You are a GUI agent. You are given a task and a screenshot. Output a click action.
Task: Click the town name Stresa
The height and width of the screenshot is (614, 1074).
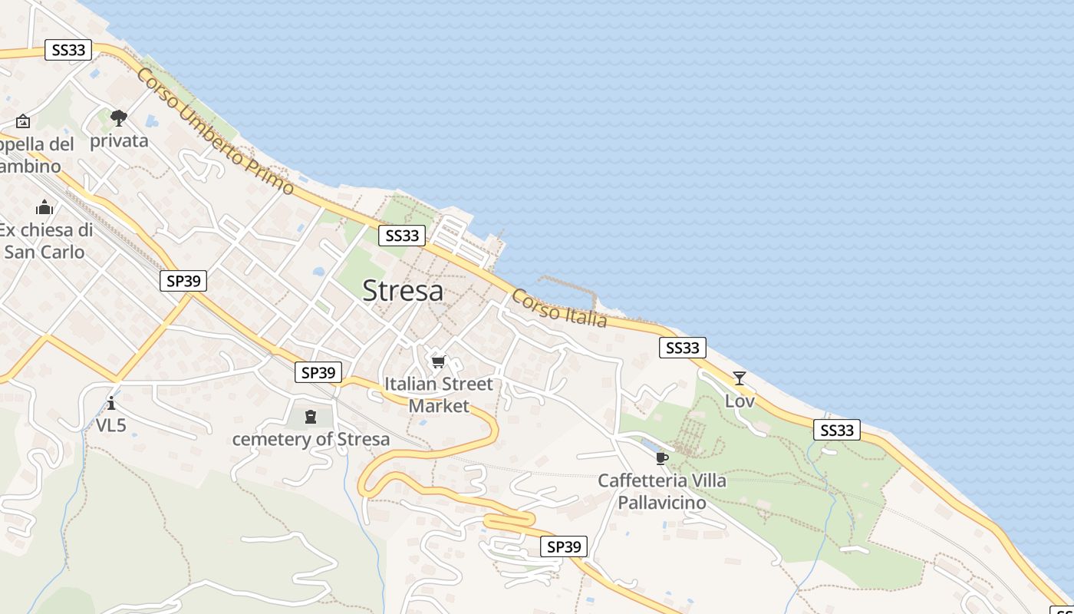402,291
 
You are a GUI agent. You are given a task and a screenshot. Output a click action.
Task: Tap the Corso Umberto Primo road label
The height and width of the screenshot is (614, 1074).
215,131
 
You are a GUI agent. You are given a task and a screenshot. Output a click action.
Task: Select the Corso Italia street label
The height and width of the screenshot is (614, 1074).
559,308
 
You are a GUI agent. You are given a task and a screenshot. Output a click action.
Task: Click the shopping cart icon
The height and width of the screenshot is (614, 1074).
438,361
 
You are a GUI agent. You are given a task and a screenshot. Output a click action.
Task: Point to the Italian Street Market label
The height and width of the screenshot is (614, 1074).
438,394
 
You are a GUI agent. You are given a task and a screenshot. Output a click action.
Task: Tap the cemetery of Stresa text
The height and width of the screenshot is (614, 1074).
311,440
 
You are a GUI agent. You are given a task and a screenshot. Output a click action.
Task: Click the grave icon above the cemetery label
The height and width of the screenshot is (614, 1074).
310,417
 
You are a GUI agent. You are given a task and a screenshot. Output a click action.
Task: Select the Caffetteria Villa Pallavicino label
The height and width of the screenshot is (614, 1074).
661,491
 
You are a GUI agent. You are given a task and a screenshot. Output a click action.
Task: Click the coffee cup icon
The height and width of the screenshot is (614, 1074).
661,459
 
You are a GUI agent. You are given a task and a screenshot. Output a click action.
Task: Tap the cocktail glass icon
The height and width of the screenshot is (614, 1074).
739,378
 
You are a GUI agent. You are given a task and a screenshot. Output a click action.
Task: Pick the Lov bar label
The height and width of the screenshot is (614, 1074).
740,401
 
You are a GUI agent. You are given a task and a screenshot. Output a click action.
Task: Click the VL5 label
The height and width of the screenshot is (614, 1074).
111,425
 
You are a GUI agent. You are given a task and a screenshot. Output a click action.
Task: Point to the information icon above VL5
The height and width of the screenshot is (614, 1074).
111,403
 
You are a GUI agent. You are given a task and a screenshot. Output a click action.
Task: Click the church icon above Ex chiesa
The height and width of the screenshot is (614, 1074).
44,207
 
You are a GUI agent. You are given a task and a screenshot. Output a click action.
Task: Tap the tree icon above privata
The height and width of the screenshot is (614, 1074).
118,118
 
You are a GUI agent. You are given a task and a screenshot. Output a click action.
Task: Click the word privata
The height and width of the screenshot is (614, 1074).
119,141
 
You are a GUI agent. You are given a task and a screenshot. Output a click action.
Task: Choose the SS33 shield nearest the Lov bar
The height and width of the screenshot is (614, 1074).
682,348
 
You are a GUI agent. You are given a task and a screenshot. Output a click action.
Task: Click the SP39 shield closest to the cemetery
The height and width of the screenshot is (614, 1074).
318,372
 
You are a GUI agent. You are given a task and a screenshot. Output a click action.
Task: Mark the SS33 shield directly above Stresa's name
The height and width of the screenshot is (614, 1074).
401,236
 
